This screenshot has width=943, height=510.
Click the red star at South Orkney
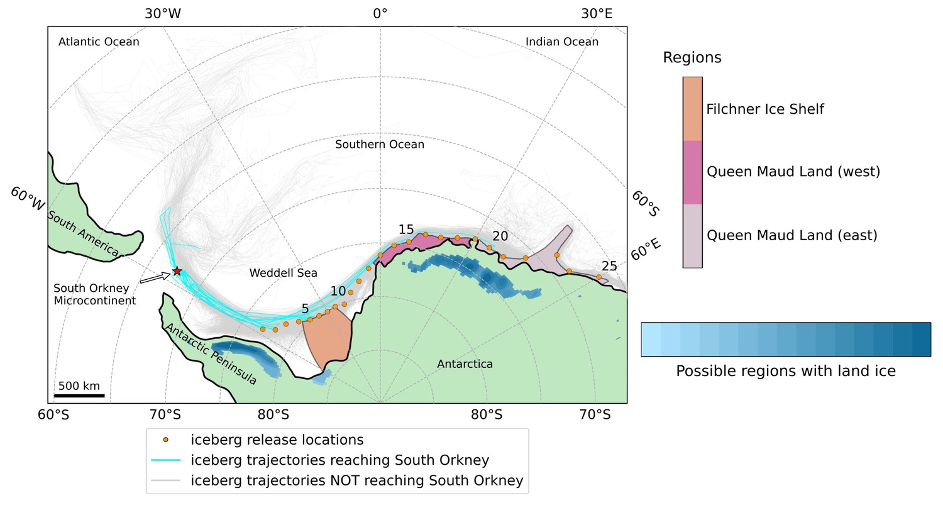177,271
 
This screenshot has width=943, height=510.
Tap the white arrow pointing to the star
155,278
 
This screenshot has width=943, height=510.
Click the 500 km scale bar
81,395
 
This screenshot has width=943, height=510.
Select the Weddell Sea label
283,273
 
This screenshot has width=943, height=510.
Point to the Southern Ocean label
379,145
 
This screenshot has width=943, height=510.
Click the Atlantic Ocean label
99,42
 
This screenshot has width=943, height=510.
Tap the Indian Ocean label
561,42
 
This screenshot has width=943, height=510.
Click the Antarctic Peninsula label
210,353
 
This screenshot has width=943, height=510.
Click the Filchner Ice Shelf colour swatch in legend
692,109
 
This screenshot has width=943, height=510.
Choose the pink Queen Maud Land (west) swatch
692,172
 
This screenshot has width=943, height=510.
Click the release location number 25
609,267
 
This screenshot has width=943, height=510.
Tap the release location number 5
305,309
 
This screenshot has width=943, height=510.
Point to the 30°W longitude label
162,13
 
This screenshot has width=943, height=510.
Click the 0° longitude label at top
380,13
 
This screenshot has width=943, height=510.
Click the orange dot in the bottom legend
165,440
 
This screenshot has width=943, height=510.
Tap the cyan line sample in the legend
165,460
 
